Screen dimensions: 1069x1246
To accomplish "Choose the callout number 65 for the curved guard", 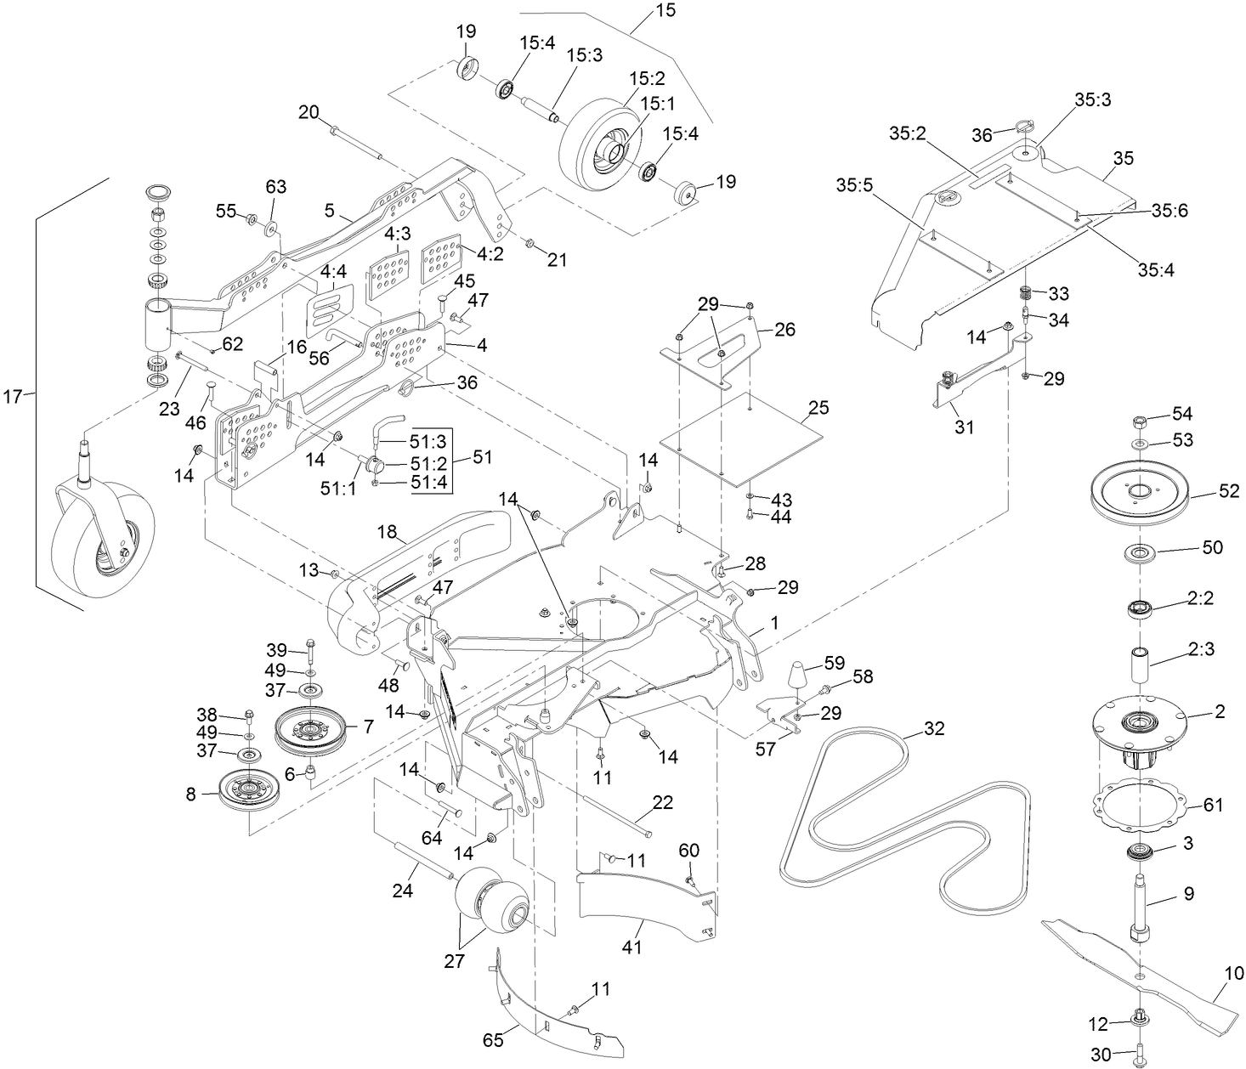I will [x=493, y=1039].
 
